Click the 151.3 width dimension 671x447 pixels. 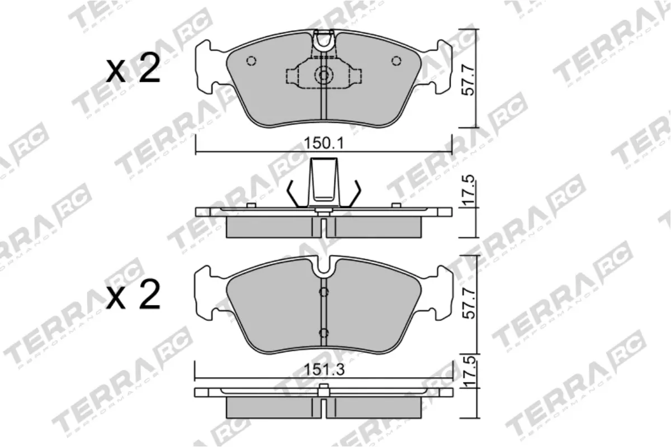[323, 370]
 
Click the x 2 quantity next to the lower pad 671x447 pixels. [133, 296]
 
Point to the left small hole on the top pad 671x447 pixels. [251, 61]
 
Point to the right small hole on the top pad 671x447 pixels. [396, 61]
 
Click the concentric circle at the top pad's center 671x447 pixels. [323, 75]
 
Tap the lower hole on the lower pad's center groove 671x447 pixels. [323, 333]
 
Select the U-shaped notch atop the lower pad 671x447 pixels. [323, 267]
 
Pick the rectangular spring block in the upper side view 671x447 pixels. [324, 180]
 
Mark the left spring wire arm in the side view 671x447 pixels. [295, 194]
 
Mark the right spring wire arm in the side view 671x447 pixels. [354, 194]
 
